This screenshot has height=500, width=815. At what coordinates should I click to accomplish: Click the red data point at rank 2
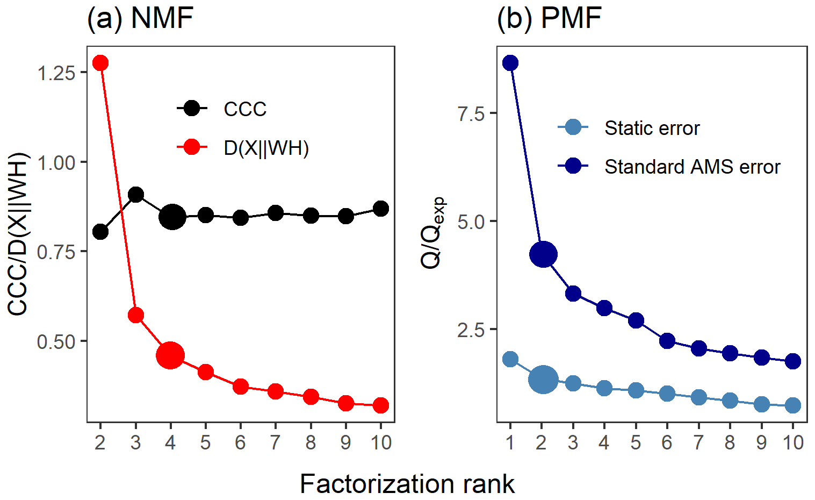tap(100, 63)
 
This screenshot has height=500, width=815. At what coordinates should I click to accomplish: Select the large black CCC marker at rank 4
tap(172, 217)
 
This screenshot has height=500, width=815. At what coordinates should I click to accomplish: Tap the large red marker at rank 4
tap(170, 355)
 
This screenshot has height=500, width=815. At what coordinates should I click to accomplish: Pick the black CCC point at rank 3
tap(136, 195)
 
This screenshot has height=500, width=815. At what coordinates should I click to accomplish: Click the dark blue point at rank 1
tap(510, 63)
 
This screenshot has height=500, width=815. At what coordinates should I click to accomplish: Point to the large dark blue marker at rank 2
tap(543, 254)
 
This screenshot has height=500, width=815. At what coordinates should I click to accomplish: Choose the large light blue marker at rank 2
tap(543, 380)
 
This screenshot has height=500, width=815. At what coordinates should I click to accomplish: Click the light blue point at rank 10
tap(792, 405)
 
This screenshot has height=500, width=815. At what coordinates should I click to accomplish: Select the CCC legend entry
tap(245, 109)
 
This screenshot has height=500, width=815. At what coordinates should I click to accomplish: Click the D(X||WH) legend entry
tap(266, 148)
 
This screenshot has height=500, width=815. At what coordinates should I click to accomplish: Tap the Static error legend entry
tap(652, 128)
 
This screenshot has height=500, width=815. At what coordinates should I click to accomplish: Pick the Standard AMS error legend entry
tap(692, 167)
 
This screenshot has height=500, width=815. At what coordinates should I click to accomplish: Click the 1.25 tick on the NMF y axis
tap(56, 73)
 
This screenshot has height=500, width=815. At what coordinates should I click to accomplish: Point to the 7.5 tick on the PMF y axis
tap(471, 114)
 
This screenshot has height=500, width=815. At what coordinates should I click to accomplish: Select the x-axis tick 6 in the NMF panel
tap(240, 442)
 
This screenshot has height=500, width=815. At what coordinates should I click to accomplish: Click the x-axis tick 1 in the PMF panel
tap(510, 442)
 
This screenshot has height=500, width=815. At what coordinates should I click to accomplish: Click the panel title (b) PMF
tap(549, 18)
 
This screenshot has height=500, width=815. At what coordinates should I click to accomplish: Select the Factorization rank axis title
tap(407, 484)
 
